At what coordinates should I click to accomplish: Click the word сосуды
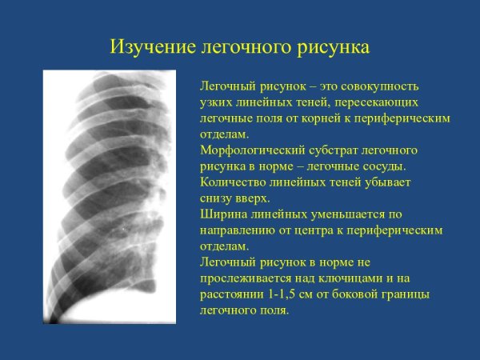pos(384,166)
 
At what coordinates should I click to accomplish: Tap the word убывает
pos(388,182)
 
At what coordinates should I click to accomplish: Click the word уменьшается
pos(353,214)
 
